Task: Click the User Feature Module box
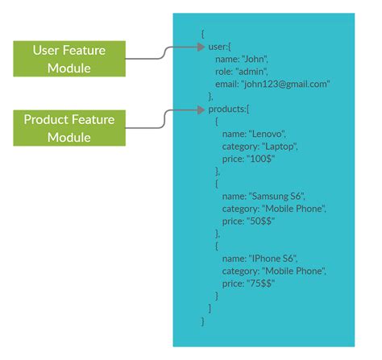tap(69, 58)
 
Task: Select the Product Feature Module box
tap(69, 128)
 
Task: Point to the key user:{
tap(220, 48)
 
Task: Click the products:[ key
tap(229, 108)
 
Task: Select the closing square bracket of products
tap(210, 308)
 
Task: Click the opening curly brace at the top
tap(203, 35)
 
